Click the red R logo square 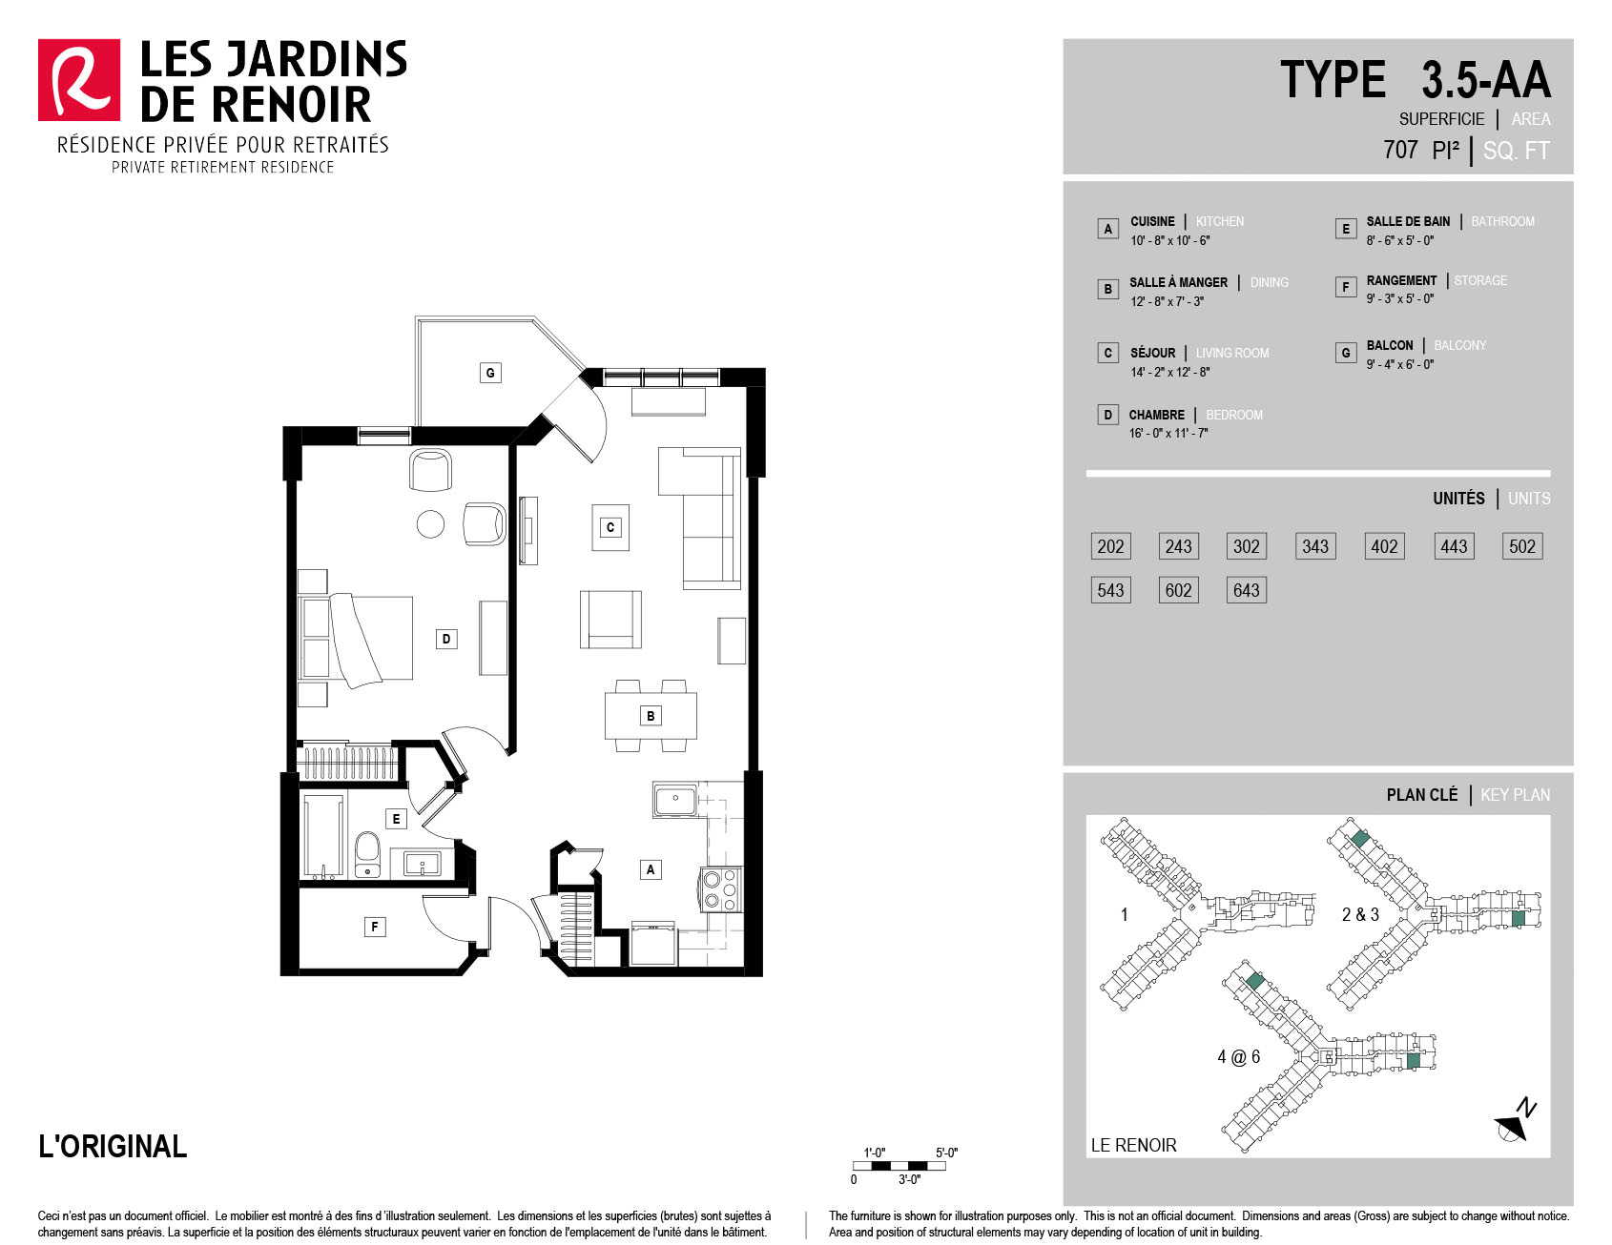coord(79,80)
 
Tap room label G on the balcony coord(490,373)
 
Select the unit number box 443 coord(1454,546)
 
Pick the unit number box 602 coord(1178,590)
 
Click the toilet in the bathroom coord(367,854)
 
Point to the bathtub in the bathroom coord(322,836)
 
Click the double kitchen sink coord(675,799)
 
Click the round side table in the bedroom coord(430,524)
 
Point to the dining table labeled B coord(651,716)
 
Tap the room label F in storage coord(375,927)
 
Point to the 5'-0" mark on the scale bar coord(946,1153)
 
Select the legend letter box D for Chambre coord(1107,415)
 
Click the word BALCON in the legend coord(1390,345)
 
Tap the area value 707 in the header coord(1400,151)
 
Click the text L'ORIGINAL coord(113,1146)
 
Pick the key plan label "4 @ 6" coord(1238,1056)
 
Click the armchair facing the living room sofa coord(610,620)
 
